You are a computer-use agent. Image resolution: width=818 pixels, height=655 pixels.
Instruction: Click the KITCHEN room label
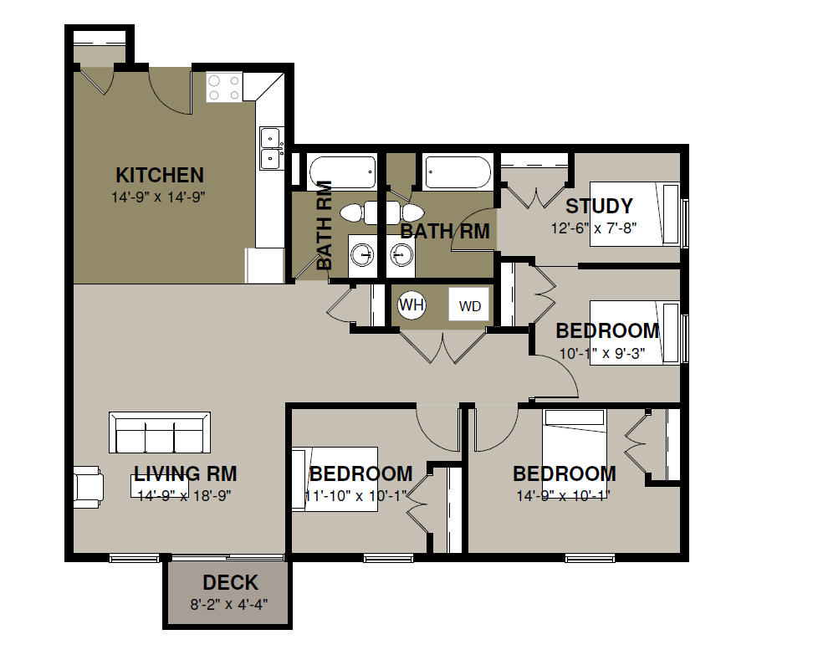160,176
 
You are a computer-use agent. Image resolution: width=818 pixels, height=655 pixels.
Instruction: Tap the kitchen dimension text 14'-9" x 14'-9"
158,197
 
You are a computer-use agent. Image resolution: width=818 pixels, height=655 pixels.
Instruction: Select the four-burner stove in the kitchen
224,87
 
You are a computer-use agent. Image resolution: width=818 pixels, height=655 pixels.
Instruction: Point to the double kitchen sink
270,148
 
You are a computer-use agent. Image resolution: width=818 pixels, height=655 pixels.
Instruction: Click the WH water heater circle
412,304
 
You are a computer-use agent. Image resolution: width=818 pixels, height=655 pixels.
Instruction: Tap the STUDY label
600,206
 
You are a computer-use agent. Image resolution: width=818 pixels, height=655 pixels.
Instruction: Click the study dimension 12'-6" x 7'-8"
594,228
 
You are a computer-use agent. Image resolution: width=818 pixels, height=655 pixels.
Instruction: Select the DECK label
230,582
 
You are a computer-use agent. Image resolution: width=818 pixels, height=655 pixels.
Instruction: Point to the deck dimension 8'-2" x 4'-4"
229,604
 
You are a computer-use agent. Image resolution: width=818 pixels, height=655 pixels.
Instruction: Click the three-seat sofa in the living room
160,432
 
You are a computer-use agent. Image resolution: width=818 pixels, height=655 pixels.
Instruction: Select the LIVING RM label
185,474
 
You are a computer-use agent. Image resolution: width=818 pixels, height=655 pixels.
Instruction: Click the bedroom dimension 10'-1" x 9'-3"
602,354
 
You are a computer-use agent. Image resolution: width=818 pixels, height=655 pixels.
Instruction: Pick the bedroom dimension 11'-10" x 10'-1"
355,496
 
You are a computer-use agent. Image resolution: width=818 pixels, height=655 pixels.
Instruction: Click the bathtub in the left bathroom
343,172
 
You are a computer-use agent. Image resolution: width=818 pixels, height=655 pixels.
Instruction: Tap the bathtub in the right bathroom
458,171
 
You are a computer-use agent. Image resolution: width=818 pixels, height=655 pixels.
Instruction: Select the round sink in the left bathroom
362,256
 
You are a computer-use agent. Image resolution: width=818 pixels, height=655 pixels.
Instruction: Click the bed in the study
635,214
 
